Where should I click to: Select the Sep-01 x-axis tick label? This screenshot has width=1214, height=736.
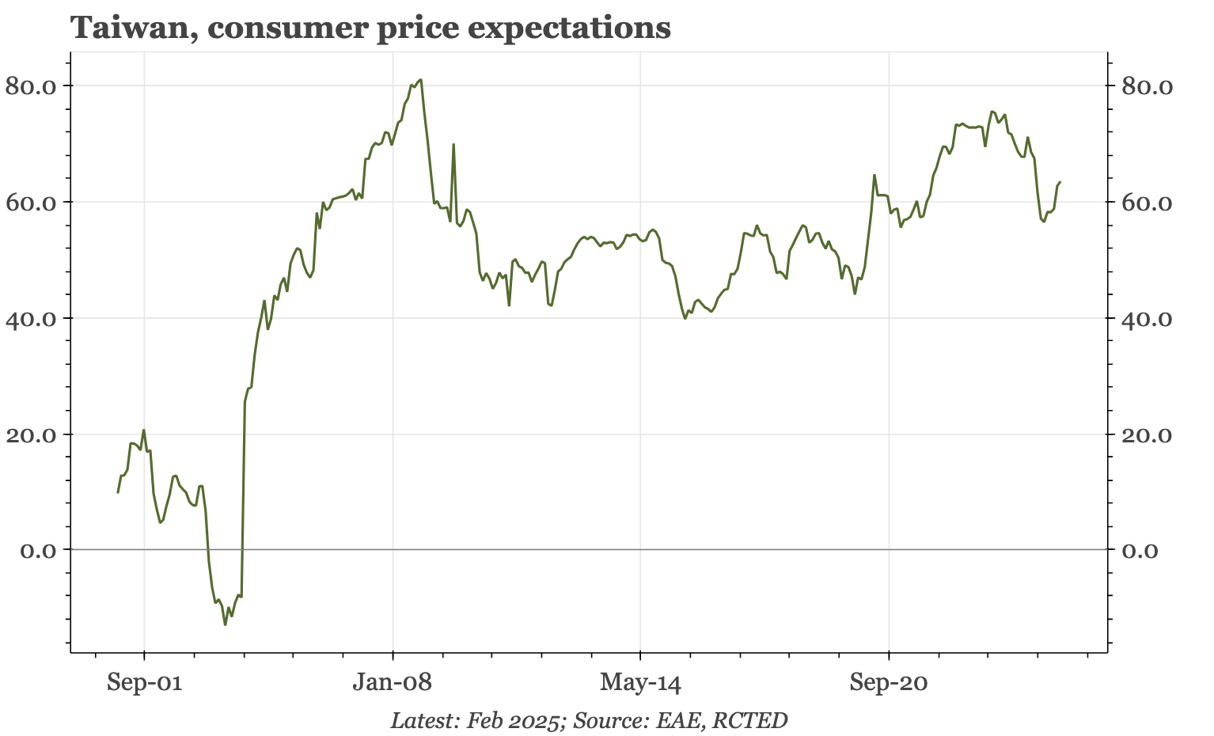coord(144,682)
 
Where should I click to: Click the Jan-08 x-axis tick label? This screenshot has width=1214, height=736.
coord(393,682)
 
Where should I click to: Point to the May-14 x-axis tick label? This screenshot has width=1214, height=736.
coord(640,682)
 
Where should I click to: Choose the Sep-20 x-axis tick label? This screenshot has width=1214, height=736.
coord(889,682)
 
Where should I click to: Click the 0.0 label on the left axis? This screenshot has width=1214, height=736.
coord(36,550)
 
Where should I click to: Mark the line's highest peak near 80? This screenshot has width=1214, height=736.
coord(420,80)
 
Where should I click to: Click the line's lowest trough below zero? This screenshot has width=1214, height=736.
coord(225,624)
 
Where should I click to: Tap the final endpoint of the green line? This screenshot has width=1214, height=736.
coord(1060,183)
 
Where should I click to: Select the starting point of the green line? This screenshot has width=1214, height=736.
coord(118,492)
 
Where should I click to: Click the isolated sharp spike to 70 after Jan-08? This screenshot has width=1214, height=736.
coord(453,145)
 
